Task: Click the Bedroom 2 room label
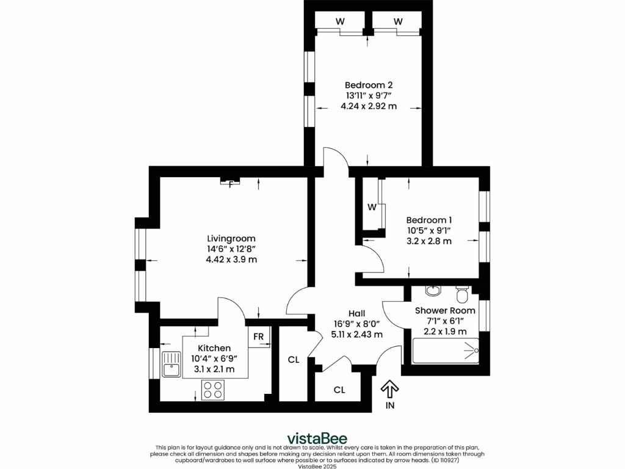tap(369, 85)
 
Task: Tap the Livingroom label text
tap(231, 238)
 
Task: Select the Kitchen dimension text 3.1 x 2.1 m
tap(214, 369)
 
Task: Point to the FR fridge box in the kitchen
tap(259, 337)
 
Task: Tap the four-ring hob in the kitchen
tap(212, 390)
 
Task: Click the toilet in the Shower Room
tap(462, 295)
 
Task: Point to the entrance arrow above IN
tap(390, 388)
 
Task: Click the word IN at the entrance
tap(390, 405)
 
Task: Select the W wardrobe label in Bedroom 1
tap(371, 207)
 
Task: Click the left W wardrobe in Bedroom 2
tap(339, 21)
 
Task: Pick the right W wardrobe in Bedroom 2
tap(398, 21)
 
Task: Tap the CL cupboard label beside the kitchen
tap(294, 360)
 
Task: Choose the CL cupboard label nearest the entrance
tap(339, 390)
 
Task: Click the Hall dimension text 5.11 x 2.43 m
tap(356, 335)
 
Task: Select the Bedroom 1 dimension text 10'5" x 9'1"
tap(430, 230)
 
